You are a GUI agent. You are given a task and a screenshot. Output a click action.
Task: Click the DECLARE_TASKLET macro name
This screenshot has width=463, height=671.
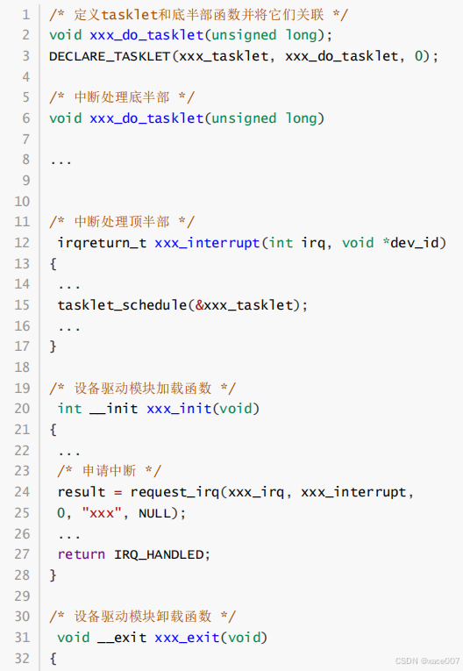[x=110, y=56]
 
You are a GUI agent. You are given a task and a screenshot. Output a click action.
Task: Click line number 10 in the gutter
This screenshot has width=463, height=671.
[x=22, y=201]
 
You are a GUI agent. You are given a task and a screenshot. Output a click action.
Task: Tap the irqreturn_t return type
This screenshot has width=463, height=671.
[x=102, y=243]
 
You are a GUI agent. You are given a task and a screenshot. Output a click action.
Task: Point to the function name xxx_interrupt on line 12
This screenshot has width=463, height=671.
[x=207, y=243]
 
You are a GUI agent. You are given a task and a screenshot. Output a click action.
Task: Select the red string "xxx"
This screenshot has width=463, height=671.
[x=102, y=512]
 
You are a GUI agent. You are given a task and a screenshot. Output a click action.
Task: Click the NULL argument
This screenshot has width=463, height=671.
[x=154, y=512]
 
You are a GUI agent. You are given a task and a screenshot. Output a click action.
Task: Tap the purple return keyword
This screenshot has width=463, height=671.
[x=82, y=554]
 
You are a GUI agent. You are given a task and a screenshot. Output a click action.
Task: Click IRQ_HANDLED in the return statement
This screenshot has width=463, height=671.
[x=159, y=555]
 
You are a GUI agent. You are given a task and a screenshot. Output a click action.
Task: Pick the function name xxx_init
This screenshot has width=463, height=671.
[x=179, y=409]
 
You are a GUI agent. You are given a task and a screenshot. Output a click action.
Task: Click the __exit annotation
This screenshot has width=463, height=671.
[x=122, y=638]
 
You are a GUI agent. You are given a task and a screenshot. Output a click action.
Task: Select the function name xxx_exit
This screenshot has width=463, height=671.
[x=187, y=638]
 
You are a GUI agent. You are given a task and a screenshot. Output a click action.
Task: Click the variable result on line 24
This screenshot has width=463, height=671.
[x=82, y=492]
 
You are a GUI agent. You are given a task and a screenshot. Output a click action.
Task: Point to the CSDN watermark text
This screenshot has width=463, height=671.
[x=427, y=660]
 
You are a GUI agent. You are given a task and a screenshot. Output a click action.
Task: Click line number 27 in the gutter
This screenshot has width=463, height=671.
[x=22, y=554]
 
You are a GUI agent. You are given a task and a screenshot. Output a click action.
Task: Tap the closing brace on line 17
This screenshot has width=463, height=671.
[x=53, y=346]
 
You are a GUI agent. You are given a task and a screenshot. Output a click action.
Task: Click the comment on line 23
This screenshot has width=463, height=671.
[x=110, y=471]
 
